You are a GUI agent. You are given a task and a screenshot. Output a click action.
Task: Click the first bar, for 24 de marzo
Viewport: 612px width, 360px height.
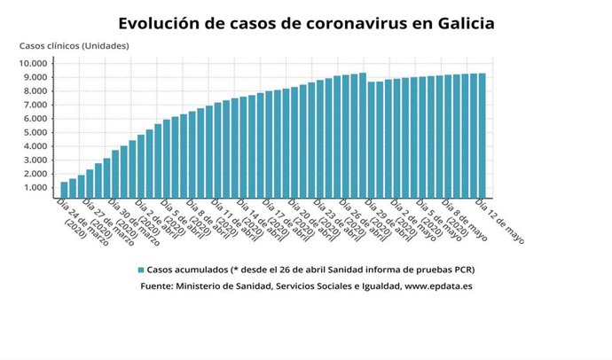click(64, 190)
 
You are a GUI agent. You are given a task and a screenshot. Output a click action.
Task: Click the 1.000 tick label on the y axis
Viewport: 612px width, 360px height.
click(36, 188)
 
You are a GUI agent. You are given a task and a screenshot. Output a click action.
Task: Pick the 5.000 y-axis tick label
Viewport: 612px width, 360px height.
click(36, 133)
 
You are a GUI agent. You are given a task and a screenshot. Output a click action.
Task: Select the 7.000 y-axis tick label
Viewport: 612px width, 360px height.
click(36, 106)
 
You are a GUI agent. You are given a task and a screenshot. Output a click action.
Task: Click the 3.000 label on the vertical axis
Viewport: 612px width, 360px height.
click(36, 160)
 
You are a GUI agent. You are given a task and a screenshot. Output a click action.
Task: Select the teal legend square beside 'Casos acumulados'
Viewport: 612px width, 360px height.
click(140, 270)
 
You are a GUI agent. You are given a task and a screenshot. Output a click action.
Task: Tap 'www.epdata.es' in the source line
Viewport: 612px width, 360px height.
click(439, 287)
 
